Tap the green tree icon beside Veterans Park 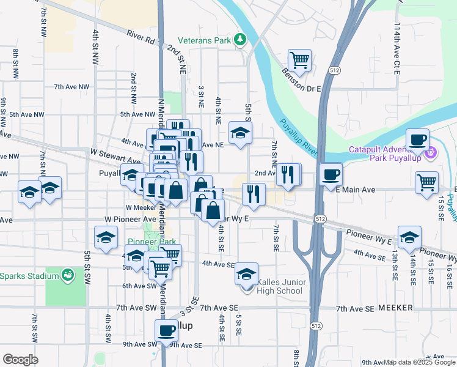241,40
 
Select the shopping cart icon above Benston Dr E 299,60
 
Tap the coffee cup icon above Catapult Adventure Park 418,139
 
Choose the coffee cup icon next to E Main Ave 331,174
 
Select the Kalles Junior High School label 279,286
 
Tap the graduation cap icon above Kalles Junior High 246,273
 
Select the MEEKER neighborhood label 395,308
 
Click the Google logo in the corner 20,360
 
